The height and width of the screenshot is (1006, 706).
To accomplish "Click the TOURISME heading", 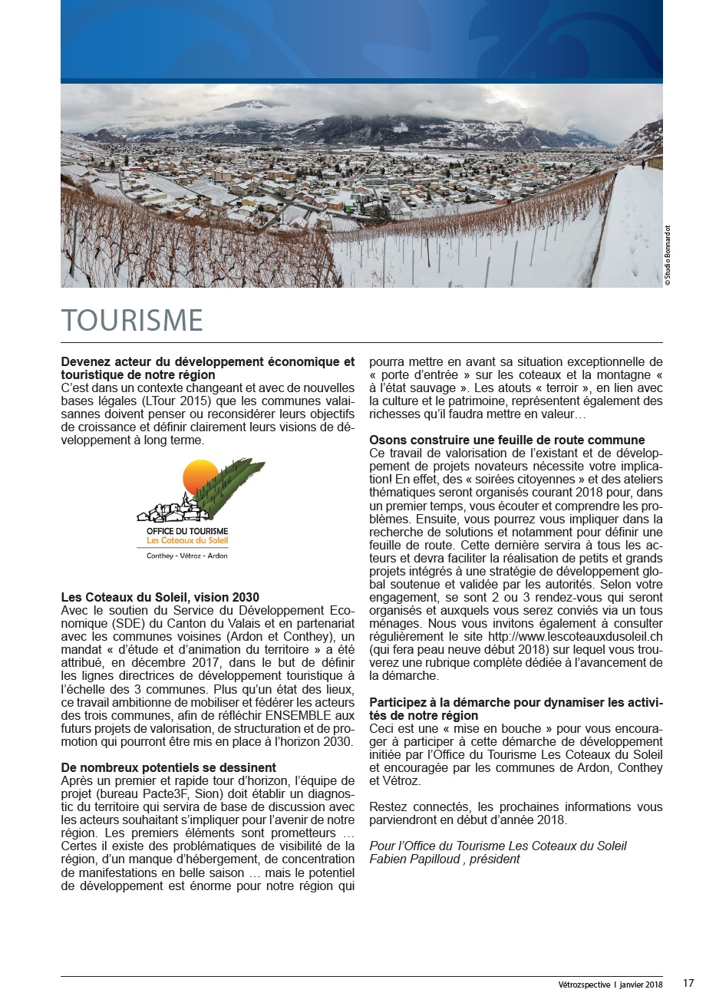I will tap(132, 321).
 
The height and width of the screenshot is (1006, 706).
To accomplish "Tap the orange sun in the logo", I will tap(200, 477).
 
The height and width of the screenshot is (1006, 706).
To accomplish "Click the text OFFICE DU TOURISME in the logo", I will tap(187, 531).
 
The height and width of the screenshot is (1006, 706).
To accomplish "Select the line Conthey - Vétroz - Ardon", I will tap(187, 556).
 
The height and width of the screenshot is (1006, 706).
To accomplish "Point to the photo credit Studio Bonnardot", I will tap(668, 256).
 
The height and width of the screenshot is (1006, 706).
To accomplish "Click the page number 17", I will tap(688, 984).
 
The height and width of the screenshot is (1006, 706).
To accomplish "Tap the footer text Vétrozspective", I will tap(584, 985).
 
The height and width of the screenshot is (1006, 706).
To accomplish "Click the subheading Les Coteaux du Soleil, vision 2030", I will tap(160, 597).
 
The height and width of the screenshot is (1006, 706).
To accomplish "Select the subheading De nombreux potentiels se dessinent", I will tap(168, 767).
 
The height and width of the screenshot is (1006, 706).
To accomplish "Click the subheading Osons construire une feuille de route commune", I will tap(506, 440).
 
